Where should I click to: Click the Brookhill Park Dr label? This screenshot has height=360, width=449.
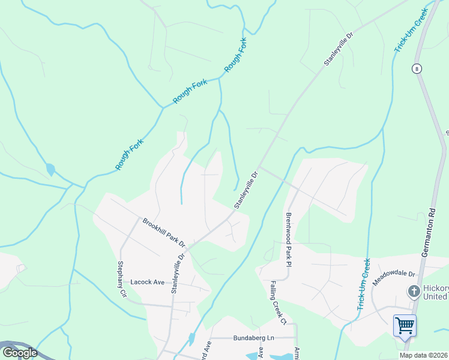tap(164, 233)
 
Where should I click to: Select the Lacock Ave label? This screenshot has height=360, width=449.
tap(148, 282)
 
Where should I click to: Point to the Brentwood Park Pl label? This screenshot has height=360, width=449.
tap(289, 239)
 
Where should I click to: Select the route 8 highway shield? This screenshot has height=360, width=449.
tap(416, 69)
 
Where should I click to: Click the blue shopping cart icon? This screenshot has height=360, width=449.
tap(405, 326)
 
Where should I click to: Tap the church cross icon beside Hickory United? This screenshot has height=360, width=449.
tap(413, 292)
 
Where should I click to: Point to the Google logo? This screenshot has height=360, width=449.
tap(20, 353)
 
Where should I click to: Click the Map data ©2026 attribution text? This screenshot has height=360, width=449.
tap(424, 355)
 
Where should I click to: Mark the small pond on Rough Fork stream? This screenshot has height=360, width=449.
tap(50, 170)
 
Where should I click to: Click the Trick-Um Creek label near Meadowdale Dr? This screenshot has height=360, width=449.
tap(363, 284)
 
